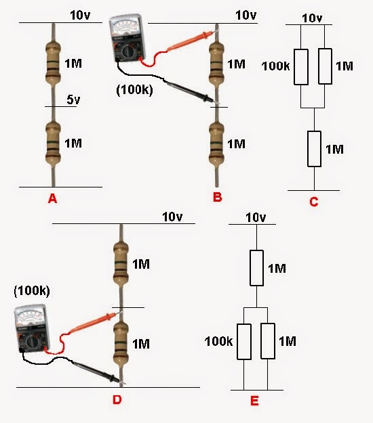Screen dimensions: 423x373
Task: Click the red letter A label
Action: (x=51, y=198)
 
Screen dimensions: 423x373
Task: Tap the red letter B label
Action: (x=217, y=198)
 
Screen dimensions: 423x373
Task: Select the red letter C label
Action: (x=313, y=201)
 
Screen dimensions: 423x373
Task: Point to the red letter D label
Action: (x=117, y=400)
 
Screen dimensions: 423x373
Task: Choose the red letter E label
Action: (x=254, y=401)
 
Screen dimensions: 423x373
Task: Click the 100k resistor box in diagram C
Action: (x=300, y=66)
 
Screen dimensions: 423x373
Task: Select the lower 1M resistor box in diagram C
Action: (x=313, y=149)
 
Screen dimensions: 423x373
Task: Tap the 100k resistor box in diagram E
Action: (x=243, y=342)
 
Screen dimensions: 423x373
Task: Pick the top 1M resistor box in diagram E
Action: (x=256, y=267)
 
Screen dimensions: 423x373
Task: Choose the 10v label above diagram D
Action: (x=173, y=217)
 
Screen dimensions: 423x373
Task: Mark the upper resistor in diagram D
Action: (x=120, y=265)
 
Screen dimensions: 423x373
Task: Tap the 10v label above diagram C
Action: (x=311, y=18)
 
